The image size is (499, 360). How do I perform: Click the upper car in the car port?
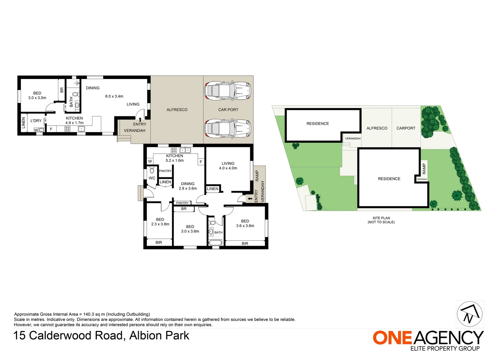[x=228, y=90]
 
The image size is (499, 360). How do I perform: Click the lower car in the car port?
[x=228, y=128]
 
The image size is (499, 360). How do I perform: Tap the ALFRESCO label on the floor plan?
[x=177, y=110]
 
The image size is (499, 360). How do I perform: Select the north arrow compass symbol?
[x=470, y=314]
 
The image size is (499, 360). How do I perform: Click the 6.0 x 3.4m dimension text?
[x=114, y=96]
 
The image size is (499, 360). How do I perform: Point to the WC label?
[x=152, y=178]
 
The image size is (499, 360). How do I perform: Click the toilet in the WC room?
[x=152, y=170]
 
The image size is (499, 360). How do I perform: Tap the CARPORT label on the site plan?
[x=406, y=128]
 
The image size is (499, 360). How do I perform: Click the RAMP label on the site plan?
[x=424, y=168]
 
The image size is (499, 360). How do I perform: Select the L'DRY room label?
[x=36, y=121]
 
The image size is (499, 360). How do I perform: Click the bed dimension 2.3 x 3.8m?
[x=160, y=224]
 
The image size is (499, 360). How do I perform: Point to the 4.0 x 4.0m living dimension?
[x=228, y=168]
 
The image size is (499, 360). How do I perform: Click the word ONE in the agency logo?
[x=392, y=338]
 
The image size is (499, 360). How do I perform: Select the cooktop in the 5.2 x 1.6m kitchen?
[x=174, y=150]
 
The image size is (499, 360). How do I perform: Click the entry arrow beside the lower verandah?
[x=250, y=199]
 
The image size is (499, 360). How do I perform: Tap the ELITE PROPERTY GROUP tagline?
[x=445, y=349]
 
